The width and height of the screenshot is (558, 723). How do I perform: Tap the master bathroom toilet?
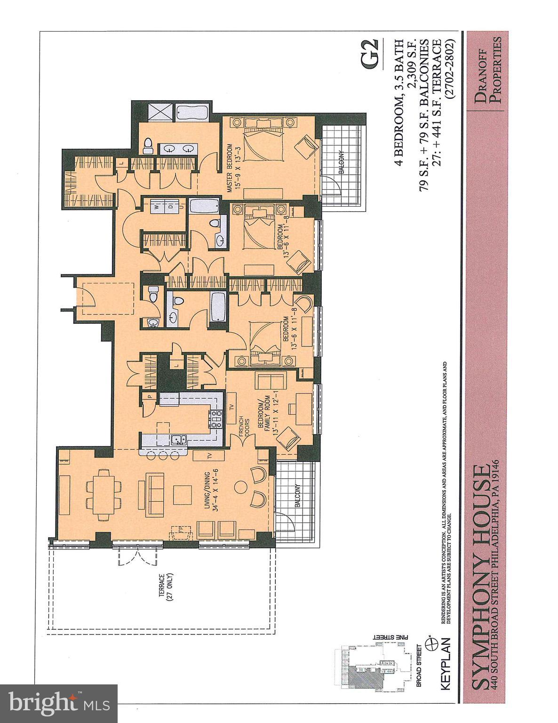click(148, 145)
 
